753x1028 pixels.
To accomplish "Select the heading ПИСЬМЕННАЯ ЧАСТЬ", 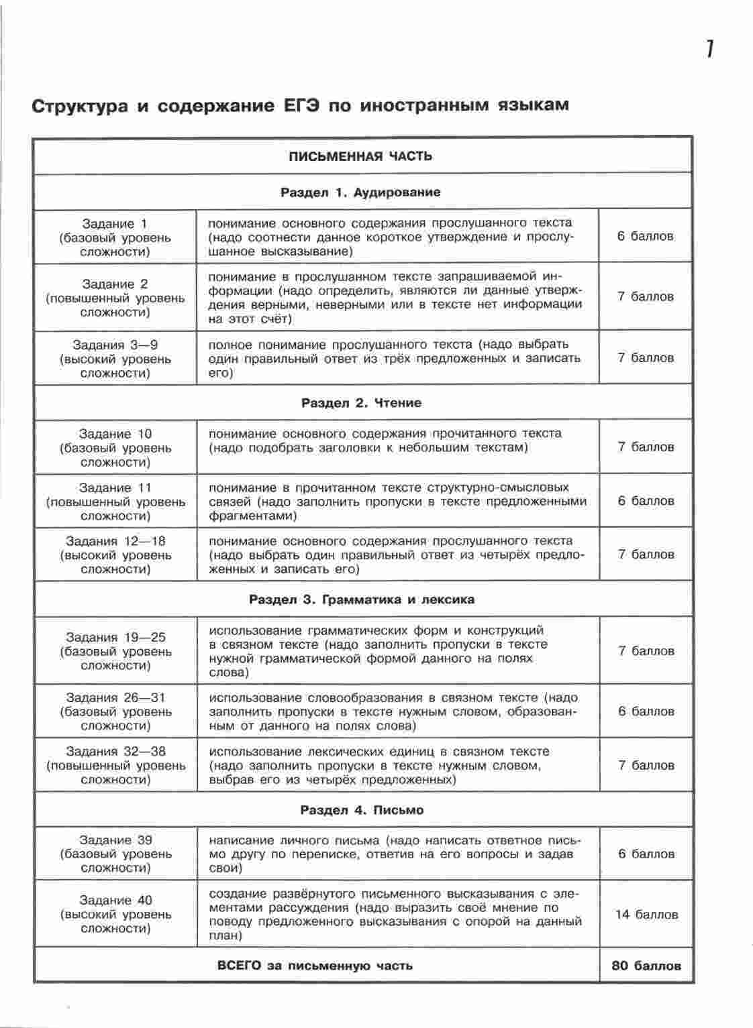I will [360, 156].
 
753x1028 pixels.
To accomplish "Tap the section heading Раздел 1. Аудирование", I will [360, 192].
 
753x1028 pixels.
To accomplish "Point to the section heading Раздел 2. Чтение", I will [361, 403].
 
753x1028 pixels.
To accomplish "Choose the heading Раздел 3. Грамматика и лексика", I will [361, 599].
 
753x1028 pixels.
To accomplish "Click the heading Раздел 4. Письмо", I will [361, 810].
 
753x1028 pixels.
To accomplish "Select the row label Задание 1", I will [115, 224].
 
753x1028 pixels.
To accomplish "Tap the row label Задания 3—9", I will [115, 345].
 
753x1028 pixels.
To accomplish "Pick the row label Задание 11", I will [115, 488].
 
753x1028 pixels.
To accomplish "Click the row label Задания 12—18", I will [115, 541].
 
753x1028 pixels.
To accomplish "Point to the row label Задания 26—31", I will [115, 697].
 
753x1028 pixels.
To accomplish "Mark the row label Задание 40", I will [115, 900].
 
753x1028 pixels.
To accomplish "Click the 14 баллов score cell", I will [646, 915].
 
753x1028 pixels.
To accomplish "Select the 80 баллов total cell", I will [646, 966].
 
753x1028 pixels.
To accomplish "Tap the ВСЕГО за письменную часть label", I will [315, 966].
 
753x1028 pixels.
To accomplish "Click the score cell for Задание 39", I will [646, 854].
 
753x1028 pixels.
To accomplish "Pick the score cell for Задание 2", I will [646, 296].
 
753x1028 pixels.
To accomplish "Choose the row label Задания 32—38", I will [115, 751].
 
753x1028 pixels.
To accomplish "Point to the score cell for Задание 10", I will [646, 447].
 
